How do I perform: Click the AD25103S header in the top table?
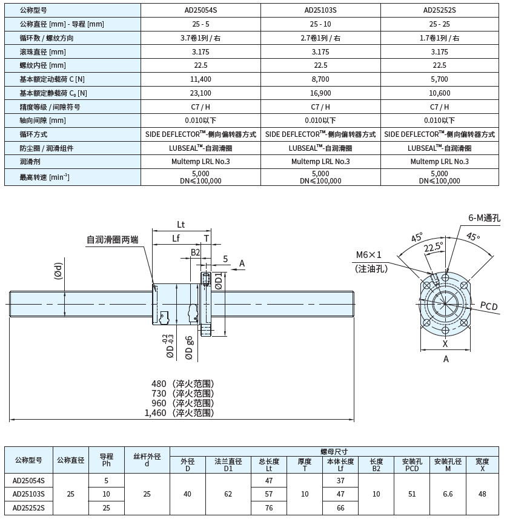tap(320, 10)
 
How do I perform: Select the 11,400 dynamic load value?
tap(200, 79)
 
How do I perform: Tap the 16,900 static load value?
tap(320, 93)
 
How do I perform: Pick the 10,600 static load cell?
tap(440, 93)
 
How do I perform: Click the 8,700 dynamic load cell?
tap(320, 79)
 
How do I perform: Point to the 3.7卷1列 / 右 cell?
tap(200, 38)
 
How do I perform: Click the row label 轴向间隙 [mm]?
tap(42, 121)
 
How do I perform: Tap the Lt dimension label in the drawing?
tap(181, 224)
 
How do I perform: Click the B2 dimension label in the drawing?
tap(195, 252)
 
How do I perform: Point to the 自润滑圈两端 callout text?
tap(112, 240)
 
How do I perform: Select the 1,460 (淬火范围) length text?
tap(179, 413)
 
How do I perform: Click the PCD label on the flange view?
tap(488, 306)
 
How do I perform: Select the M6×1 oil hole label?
tap(369, 255)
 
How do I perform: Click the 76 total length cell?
tap(268, 507)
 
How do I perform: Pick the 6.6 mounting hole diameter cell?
tap(448, 494)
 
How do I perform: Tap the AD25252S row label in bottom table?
tap(28, 507)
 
